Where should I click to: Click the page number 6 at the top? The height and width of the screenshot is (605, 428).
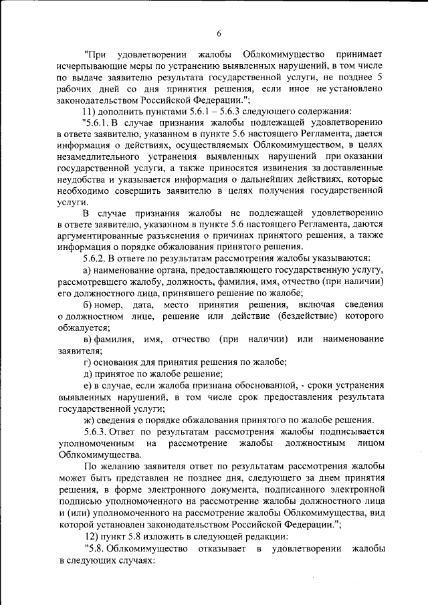pyautogui.click(x=219, y=34)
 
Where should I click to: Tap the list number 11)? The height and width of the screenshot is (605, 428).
pyautogui.click(x=90, y=111)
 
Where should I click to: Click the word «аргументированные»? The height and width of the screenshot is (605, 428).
pyautogui.click(x=102, y=237)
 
